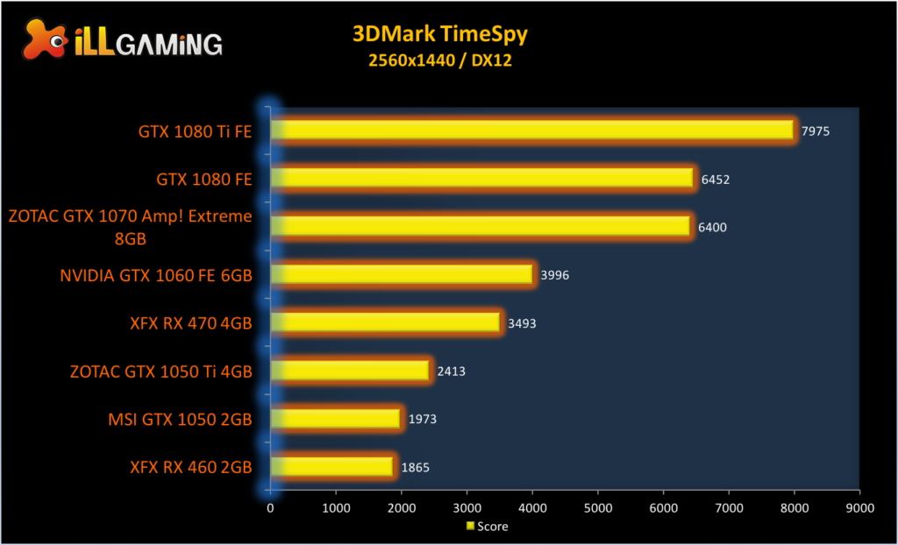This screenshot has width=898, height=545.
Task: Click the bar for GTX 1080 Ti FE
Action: pos(532,130)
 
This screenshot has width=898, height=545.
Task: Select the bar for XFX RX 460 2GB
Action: pos(332,467)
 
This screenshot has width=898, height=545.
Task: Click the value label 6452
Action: pos(716,180)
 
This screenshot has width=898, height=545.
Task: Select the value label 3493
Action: pos(522,323)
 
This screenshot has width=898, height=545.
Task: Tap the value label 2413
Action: pos(451,372)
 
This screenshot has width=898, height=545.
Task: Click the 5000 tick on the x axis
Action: pos(597,507)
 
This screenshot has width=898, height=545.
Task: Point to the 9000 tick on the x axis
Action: pos(859,507)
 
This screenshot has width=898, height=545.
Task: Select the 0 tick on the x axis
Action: pos(270,507)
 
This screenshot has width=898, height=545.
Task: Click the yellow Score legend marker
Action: pos(470,527)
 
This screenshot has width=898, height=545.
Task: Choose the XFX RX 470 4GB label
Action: pos(189,323)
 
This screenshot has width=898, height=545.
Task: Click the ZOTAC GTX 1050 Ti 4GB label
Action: pos(161,372)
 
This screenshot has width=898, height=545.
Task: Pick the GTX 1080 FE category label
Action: pos(204,180)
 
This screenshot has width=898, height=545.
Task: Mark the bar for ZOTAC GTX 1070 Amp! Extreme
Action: pos(481,226)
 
